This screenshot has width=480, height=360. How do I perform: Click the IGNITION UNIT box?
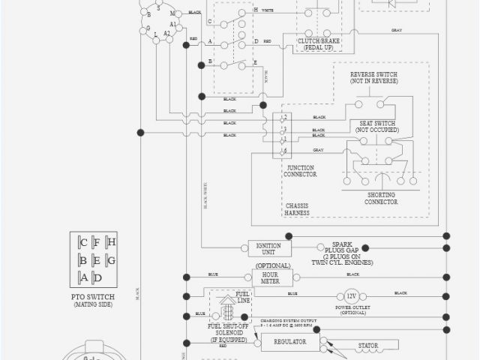click(x=269, y=249)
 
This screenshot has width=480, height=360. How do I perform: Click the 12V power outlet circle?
click(x=351, y=295)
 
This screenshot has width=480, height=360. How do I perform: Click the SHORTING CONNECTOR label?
click(x=380, y=198)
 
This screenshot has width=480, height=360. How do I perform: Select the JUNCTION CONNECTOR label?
click(x=300, y=171)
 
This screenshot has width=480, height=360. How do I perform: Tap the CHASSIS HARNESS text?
click(x=301, y=209)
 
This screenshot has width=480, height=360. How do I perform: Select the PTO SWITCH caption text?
click(x=96, y=297)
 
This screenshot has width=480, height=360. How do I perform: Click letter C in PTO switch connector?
click(x=83, y=242)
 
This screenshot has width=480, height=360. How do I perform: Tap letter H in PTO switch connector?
click(x=111, y=242)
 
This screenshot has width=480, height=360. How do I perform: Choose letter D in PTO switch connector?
click(x=97, y=278)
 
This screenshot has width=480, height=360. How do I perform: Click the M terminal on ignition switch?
click(x=172, y=13)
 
